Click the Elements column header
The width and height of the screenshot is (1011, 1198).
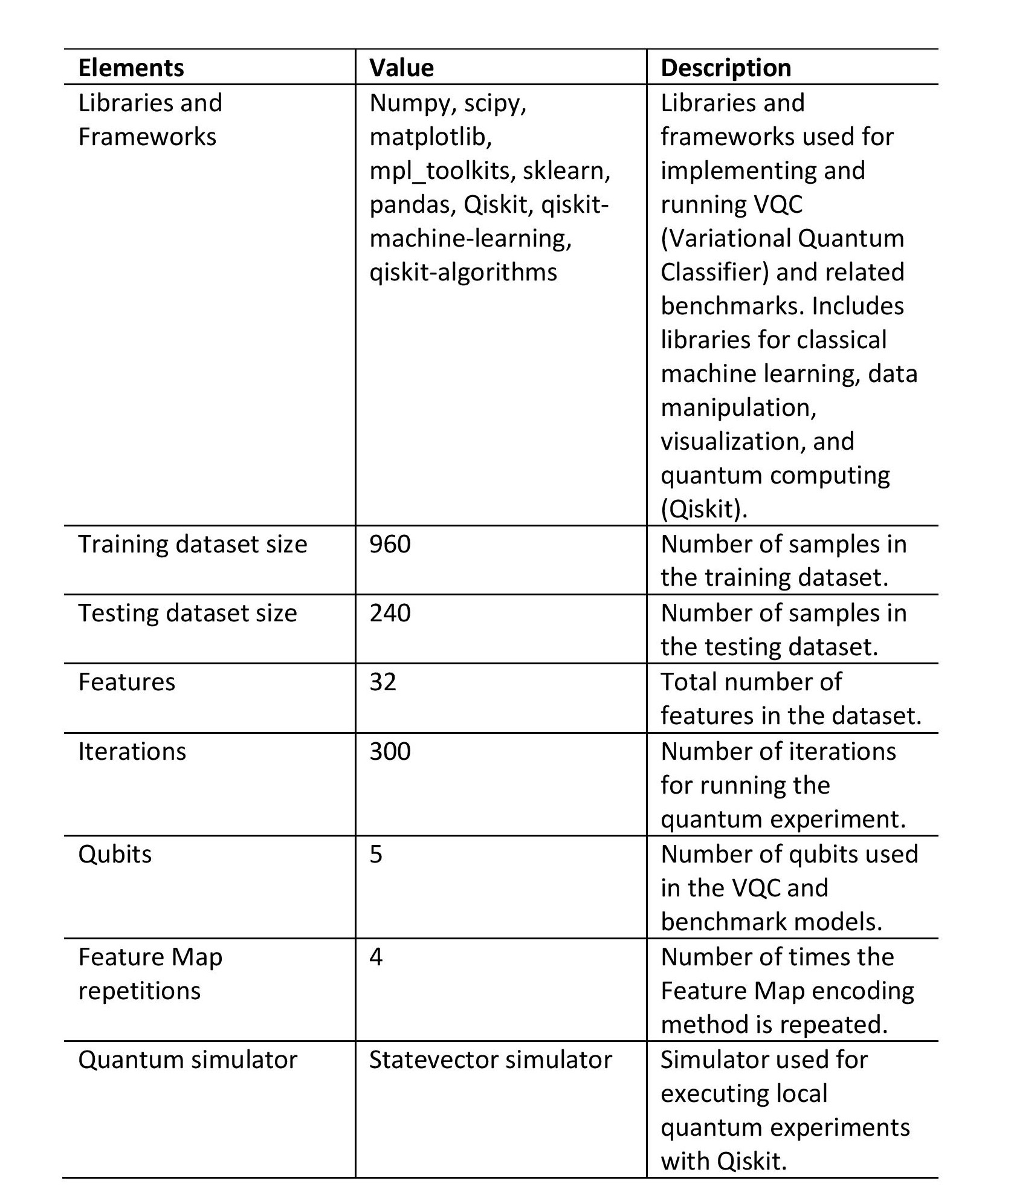[131, 68]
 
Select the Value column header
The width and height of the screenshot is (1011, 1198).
[401, 68]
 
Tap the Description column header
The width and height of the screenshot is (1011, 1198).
[726, 68]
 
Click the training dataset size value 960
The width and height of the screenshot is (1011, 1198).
[390, 544]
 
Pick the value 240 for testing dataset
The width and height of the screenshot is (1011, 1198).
[390, 613]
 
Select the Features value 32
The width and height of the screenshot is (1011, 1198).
[383, 682]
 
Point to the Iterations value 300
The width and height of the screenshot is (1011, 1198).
[390, 751]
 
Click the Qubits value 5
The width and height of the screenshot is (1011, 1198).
[376, 854]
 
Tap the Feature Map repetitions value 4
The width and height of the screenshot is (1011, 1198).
[376, 957]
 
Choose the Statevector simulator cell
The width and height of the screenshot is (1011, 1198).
[490, 1060]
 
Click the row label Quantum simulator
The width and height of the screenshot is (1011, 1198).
[187, 1060]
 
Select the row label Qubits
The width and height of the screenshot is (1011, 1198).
[115, 854]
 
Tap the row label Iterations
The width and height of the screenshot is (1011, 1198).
[132, 751]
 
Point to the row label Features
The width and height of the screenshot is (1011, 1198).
[126, 682]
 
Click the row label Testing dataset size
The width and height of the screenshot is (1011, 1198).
[187, 613]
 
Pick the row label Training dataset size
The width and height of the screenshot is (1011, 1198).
[192, 544]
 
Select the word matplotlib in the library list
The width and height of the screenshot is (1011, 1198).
[430, 137]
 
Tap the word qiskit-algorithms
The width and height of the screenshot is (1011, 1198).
[463, 272]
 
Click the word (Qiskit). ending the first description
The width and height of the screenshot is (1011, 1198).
[704, 509]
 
